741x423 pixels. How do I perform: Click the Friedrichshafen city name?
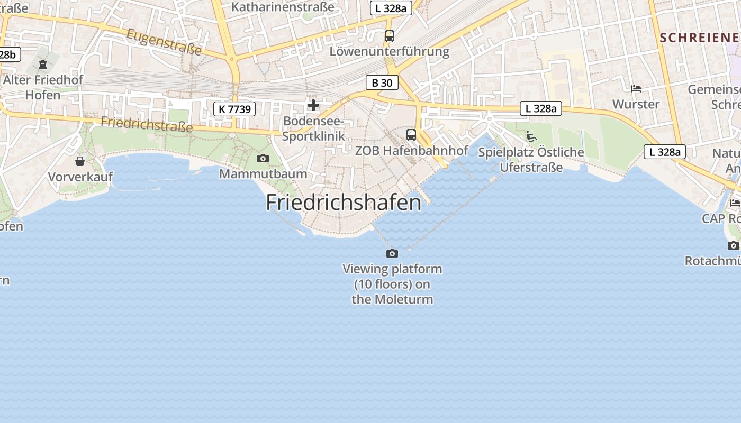344,203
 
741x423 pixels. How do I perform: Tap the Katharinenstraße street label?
283,7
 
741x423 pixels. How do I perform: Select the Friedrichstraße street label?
147,124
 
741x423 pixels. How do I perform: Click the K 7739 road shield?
234,109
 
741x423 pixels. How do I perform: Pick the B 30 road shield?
382,82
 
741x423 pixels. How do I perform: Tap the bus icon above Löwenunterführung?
390,36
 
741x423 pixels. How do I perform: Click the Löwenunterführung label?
389,51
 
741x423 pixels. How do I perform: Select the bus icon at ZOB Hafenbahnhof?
411,135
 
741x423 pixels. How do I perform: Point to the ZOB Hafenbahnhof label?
411,150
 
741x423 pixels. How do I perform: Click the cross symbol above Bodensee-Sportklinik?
313,105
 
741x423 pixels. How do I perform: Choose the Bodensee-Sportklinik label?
313,128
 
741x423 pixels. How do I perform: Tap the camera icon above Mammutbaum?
263,158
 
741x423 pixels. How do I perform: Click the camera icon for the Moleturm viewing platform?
392,254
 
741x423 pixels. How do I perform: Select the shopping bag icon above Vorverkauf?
80,161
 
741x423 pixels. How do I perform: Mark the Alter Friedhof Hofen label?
43,88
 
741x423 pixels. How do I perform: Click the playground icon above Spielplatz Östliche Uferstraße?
531,136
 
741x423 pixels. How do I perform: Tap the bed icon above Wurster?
636,89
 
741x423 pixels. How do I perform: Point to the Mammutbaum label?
263,173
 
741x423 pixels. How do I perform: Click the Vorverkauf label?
80,177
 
